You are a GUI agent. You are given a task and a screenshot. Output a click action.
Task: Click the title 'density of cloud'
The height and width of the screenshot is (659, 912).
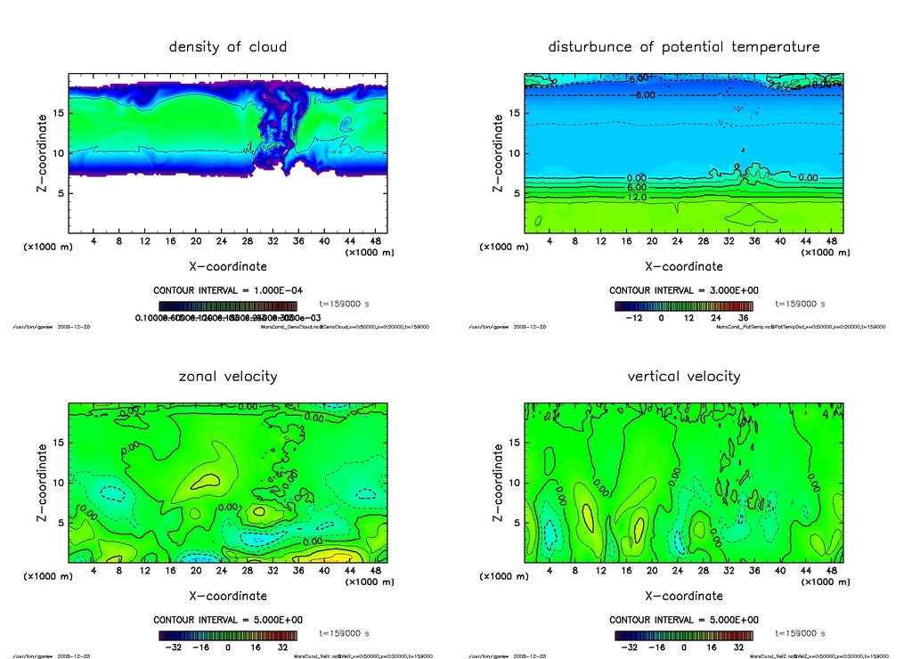(228, 46)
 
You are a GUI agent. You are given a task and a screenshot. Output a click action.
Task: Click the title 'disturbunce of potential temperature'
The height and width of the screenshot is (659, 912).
(684, 46)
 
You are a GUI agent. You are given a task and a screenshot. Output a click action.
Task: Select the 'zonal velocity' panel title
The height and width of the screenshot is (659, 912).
(228, 377)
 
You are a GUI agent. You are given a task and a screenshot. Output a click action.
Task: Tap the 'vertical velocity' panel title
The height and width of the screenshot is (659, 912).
(684, 377)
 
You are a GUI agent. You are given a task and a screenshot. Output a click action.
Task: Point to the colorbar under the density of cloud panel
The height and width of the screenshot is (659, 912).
(227, 305)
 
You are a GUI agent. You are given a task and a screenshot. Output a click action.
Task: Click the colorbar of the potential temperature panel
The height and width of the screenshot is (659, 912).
(683, 305)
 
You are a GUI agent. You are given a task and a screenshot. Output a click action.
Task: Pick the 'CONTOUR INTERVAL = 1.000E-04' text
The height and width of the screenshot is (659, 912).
(228, 290)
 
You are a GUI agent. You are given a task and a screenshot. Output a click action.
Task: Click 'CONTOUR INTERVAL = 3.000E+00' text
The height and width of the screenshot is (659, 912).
(684, 290)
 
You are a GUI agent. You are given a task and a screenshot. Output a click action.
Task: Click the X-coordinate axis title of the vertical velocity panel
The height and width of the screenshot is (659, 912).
(684, 596)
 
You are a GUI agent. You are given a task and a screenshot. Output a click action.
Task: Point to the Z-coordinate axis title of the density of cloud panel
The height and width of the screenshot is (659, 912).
(41, 153)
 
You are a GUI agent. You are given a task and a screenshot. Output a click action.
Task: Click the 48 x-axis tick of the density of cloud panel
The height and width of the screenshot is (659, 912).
(375, 241)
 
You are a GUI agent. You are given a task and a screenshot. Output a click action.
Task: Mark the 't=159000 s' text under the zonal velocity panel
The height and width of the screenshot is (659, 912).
(344, 634)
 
